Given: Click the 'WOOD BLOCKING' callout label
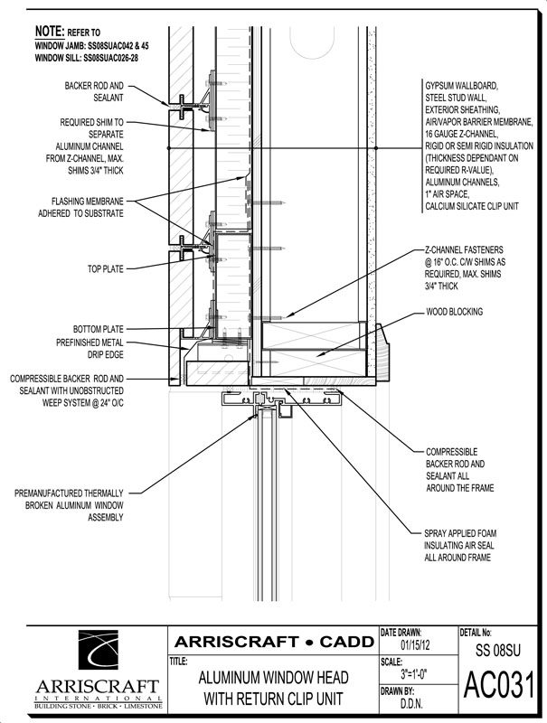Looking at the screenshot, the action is click(x=454, y=312).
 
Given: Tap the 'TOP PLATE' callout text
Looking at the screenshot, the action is click(x=106, y=268).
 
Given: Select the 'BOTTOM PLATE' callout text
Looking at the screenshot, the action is click(x=99, y=329).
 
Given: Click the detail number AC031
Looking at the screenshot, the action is click(x=499, y=685).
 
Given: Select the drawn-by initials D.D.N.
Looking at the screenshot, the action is click(x=411, y=703).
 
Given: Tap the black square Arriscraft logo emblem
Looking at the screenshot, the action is click(x=99, y=650).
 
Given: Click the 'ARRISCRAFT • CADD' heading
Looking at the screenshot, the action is click(x=274, y=642).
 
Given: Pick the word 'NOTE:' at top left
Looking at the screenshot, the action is click(x=50, y=32).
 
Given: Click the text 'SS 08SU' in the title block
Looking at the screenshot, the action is click(x=498, y=650).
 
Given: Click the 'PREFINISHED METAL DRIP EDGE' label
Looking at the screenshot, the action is click(x=90, y=349).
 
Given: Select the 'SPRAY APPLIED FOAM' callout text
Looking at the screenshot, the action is click(x=460, y=533).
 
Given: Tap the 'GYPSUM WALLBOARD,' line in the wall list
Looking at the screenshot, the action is click(x=461, y=86).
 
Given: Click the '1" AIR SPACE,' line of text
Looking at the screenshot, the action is click(x=447, y=194).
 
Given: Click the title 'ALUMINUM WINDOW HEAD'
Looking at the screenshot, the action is click(x=273, y=678).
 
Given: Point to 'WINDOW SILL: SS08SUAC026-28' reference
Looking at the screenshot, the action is click(x=87, y=58).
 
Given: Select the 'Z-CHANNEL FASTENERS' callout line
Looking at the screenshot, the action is click(x=464, y=250).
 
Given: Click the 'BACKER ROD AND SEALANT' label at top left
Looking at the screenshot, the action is click(x=94, y=92).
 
